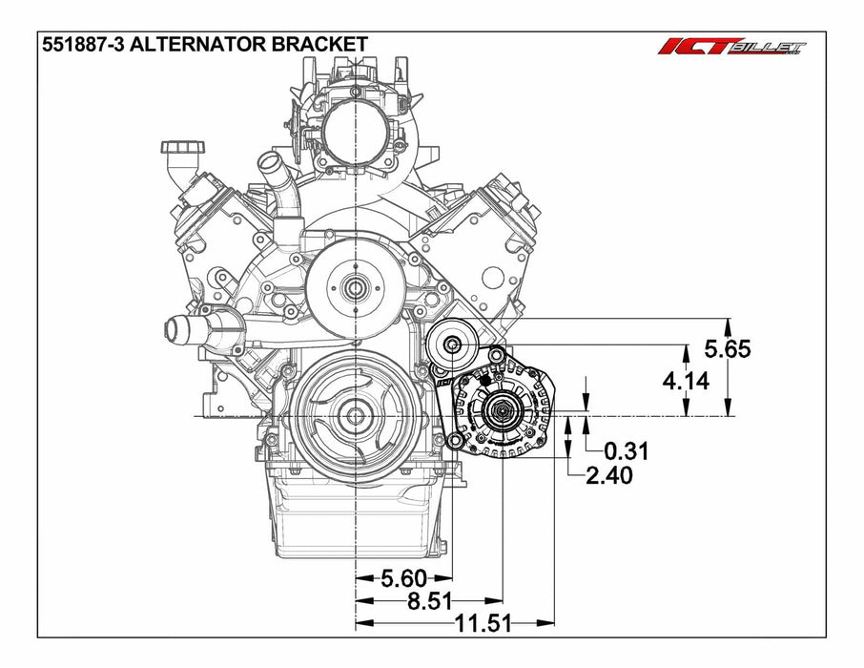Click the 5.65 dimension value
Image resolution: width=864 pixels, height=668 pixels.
click(x=728, y=349)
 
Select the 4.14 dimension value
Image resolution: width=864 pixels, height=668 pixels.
click(x=685, y=382)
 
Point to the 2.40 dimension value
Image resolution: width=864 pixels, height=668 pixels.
click(x=609, y=474)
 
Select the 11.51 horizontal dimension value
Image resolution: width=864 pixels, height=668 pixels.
click(x=482, y=624)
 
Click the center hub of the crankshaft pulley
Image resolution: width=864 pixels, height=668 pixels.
click(x=355, y=416)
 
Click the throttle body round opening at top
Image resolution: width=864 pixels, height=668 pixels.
click(x=354, y=134)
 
